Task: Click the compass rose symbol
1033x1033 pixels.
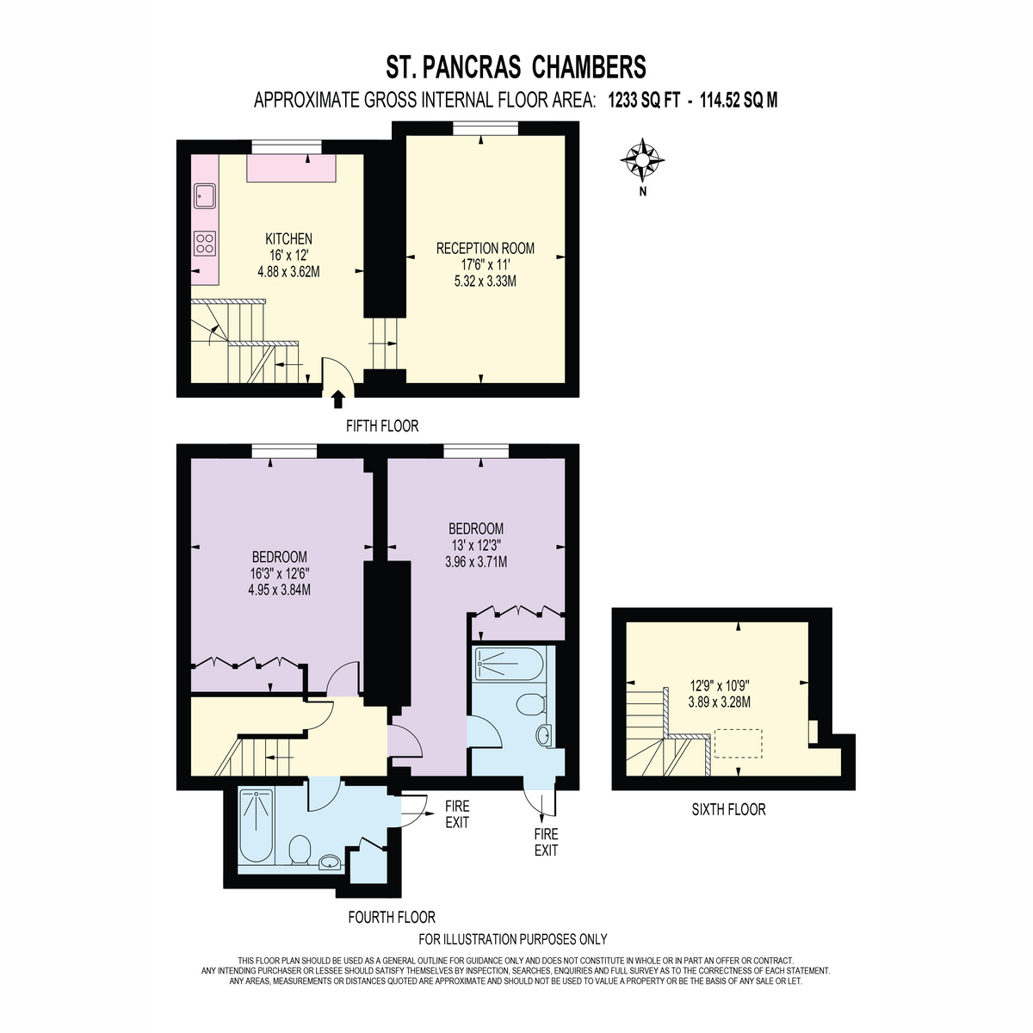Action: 642,160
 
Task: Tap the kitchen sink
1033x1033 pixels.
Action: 205,196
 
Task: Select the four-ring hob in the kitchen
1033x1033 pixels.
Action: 205,242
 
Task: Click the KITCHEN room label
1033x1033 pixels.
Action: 288,238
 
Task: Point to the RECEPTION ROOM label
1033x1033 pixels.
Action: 486,248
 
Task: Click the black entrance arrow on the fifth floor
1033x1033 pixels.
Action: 338,399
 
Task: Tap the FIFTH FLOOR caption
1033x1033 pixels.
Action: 382,426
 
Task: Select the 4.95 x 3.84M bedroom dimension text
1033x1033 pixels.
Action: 279,590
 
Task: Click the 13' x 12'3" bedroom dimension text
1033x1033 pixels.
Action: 476,545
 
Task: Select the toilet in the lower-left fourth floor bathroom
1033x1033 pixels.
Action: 300,850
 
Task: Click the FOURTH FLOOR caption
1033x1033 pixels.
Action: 392,917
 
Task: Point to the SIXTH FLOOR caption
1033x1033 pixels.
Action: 728,809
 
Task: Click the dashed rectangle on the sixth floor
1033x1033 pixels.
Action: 738,744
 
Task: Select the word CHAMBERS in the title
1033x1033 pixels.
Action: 589,67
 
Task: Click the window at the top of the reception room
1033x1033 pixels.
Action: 486,128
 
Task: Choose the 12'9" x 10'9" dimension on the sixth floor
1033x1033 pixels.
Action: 719,685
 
